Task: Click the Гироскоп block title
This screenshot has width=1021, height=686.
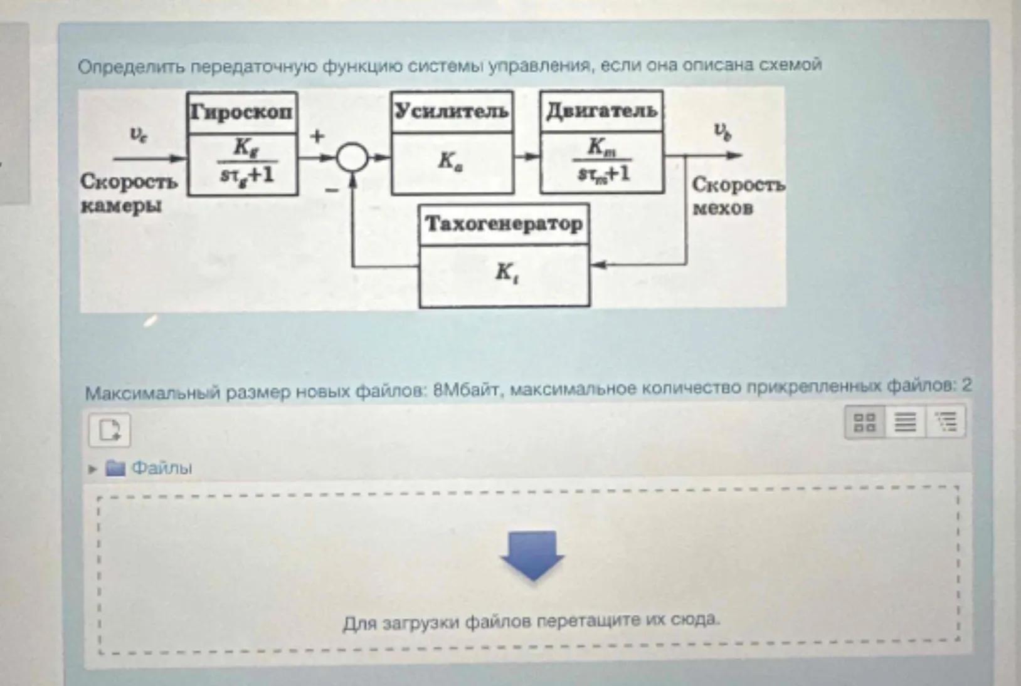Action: pos(242,112)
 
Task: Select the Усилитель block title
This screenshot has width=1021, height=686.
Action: pos(452,111)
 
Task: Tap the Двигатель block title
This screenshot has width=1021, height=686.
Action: pos(601,111)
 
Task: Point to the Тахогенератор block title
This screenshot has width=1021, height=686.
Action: pos(504,223)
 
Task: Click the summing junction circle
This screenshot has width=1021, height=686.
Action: pos(352,157)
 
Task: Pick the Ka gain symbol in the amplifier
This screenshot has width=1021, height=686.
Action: pos(450,162)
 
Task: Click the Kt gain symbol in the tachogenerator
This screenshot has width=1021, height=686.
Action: pos(505,273)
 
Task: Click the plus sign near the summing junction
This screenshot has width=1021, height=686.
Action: pos(318,135)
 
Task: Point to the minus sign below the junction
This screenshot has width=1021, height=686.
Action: pos(332,189)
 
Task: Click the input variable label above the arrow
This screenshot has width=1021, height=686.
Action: pos(138,134)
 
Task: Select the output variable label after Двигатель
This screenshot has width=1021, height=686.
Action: pos(722,132)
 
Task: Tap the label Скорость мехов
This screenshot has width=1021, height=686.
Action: pos(736,195)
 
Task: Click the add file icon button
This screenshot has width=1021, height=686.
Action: pos(110,430)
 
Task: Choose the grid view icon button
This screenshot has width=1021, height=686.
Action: pos(865,422)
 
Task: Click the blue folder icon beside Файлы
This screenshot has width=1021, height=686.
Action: pos(115,468)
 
